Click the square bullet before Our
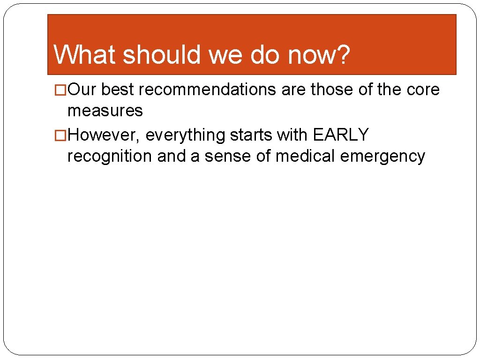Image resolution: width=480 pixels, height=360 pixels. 61,90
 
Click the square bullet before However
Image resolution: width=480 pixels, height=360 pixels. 61,135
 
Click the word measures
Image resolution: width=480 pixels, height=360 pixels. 105,111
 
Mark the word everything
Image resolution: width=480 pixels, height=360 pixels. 186,135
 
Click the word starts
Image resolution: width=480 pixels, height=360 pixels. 251,135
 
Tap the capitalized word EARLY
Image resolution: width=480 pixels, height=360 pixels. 341,135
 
